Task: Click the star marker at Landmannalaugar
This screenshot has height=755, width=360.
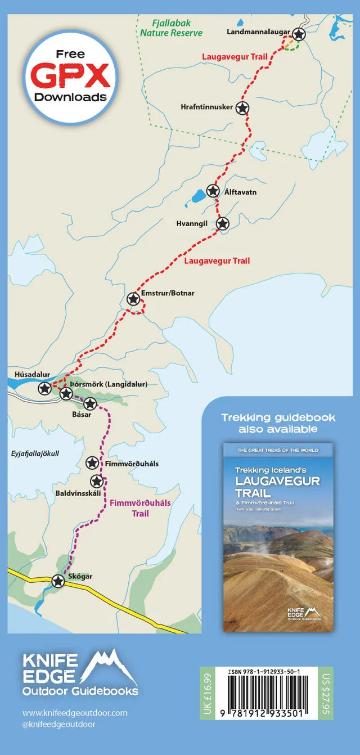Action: (299, 34)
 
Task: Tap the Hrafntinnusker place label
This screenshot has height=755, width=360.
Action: (206, 107)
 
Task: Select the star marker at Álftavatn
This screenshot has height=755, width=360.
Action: (213, 191)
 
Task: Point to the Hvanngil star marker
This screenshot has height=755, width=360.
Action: (223, 224)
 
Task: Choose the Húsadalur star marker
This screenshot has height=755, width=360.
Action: (44, 388)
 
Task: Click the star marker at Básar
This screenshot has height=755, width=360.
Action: (90, 403)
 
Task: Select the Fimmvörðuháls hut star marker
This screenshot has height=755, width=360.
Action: (92, 463)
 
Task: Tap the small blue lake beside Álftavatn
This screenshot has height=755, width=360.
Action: (198, 196)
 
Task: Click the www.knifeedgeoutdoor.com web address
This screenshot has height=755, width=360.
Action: (75, 713)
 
